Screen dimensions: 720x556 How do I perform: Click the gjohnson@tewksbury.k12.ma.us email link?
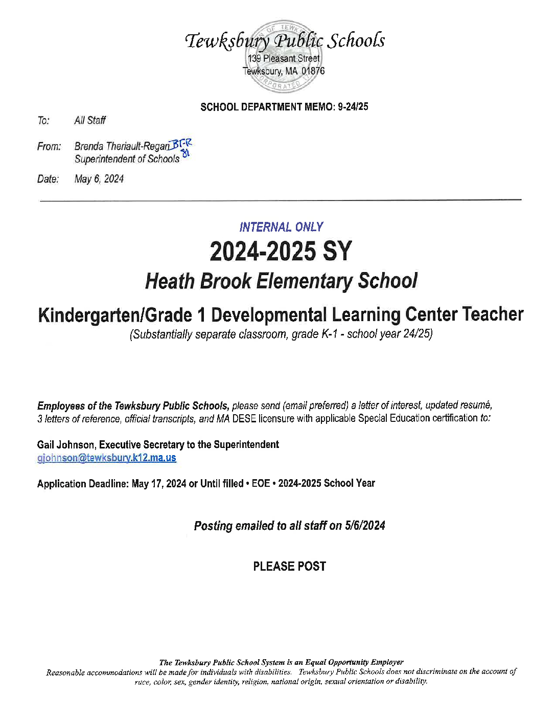coord(106,458)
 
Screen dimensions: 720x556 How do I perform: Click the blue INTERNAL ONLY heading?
coord(281,227)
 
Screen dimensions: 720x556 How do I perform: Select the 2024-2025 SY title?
coord(281,251)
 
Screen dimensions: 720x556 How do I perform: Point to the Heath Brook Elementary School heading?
coord(281,281)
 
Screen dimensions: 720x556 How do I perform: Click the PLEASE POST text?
coord(289,566)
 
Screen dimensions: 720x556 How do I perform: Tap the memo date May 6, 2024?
coord(99,179)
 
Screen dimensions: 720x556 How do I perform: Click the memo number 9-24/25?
coord(353,107)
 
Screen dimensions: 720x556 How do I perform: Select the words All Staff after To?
coord(90,121)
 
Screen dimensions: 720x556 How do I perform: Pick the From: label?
coord(49,147)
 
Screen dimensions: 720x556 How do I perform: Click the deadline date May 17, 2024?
coord(159,483)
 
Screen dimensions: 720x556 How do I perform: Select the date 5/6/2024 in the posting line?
coord(365,526)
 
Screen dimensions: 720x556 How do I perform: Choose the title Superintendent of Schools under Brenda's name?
coord(127,159)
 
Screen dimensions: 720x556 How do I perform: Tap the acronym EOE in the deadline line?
coord(261,483)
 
